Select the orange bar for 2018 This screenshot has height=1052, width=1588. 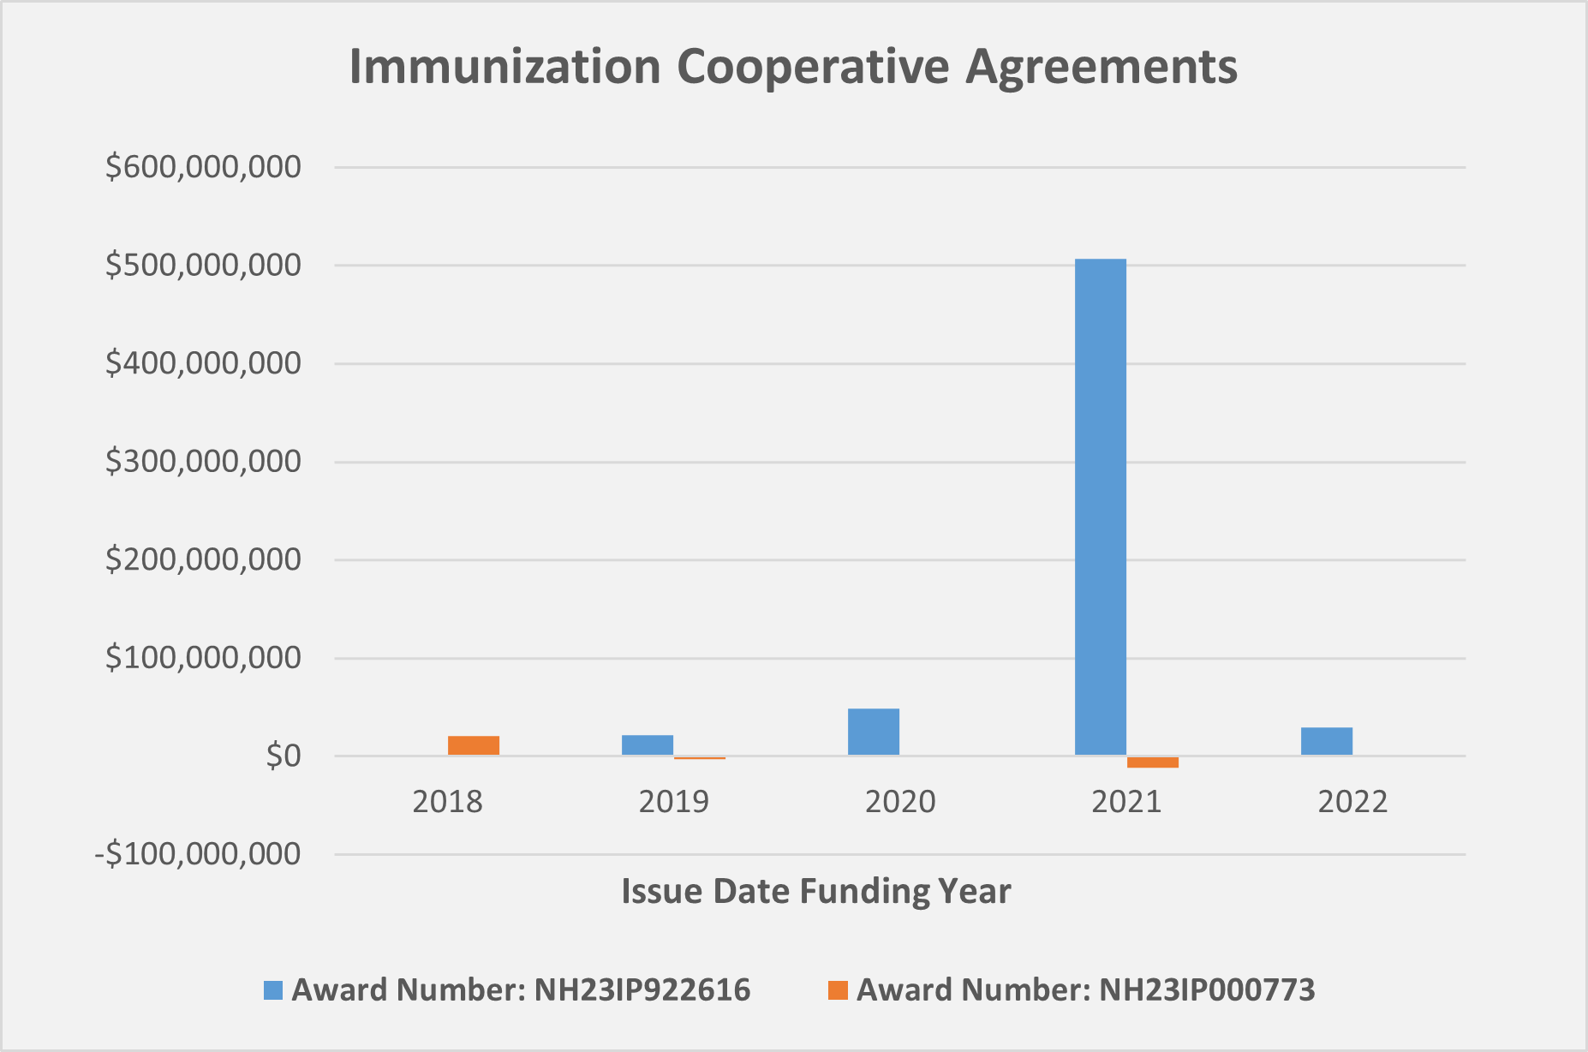(x=473, y=745)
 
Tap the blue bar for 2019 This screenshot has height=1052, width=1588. (x=648, y=745)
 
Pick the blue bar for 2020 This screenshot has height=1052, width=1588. (x=874, y=732)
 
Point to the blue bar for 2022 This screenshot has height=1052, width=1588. (x=1326, y=741)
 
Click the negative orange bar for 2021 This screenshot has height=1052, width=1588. (x=1152, y=762)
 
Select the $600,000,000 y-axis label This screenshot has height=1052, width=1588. (x=203, y=166)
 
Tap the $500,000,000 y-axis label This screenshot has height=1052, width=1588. (x=203, y=265)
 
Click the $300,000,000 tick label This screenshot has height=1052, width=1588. (x=203, y=461)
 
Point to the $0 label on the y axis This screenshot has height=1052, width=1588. (x=283, y=756)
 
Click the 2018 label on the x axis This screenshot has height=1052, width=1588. (x=447, y=802)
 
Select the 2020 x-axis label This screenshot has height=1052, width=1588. (x=900, y=802)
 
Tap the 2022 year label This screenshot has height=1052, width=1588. (x=1352, y=802)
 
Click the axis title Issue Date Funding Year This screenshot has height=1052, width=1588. (x=815, y=891)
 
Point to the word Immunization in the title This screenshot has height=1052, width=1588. (x=504, y=67)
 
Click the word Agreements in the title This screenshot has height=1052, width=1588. (x=1101, y=67)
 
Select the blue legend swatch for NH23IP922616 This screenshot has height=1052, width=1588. (x=272, y=990)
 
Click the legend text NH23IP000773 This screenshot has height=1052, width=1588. (x=1206, y=990)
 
